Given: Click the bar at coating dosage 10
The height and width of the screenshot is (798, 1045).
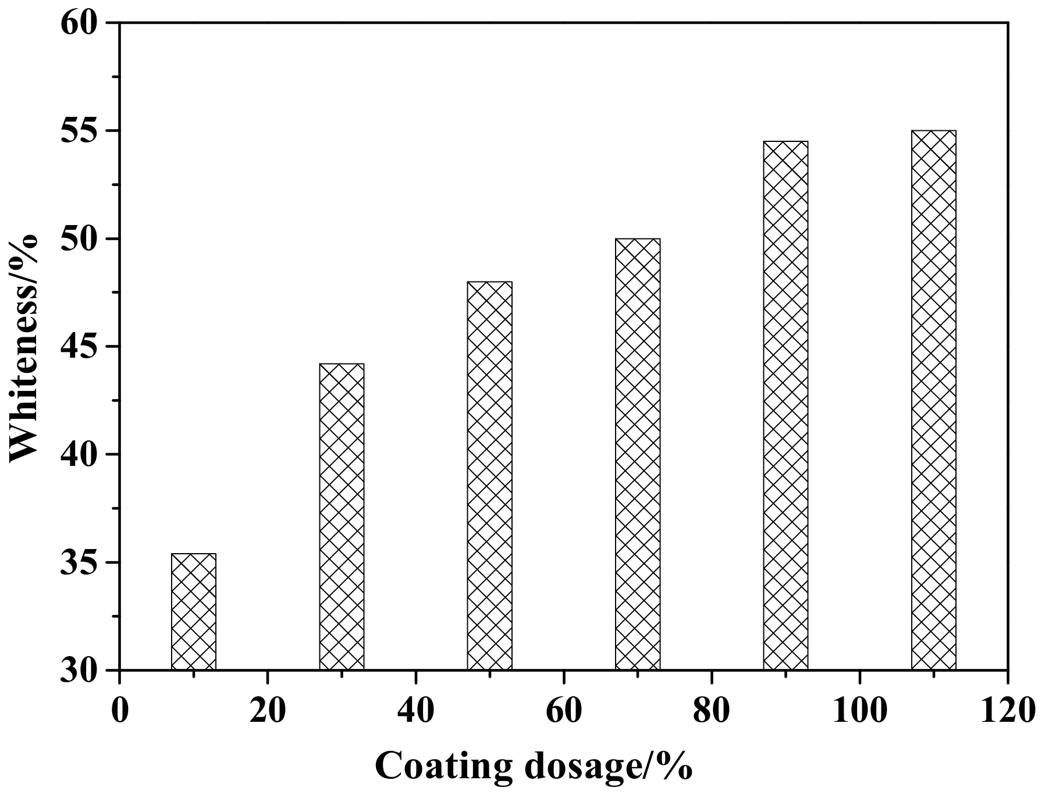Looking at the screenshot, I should pos(194,611).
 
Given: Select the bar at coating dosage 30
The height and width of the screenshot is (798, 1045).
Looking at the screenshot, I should pos(342,516).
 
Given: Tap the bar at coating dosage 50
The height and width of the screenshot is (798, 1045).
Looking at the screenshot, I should pos(490,475).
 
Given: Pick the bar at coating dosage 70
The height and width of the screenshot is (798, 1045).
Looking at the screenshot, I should pos(638,454).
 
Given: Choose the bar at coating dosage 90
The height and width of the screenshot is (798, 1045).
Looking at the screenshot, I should pos(785,405).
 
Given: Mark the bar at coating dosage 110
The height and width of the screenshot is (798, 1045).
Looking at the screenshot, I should pos(933,400).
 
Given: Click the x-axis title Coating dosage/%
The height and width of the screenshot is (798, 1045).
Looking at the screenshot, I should pos(534,767).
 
